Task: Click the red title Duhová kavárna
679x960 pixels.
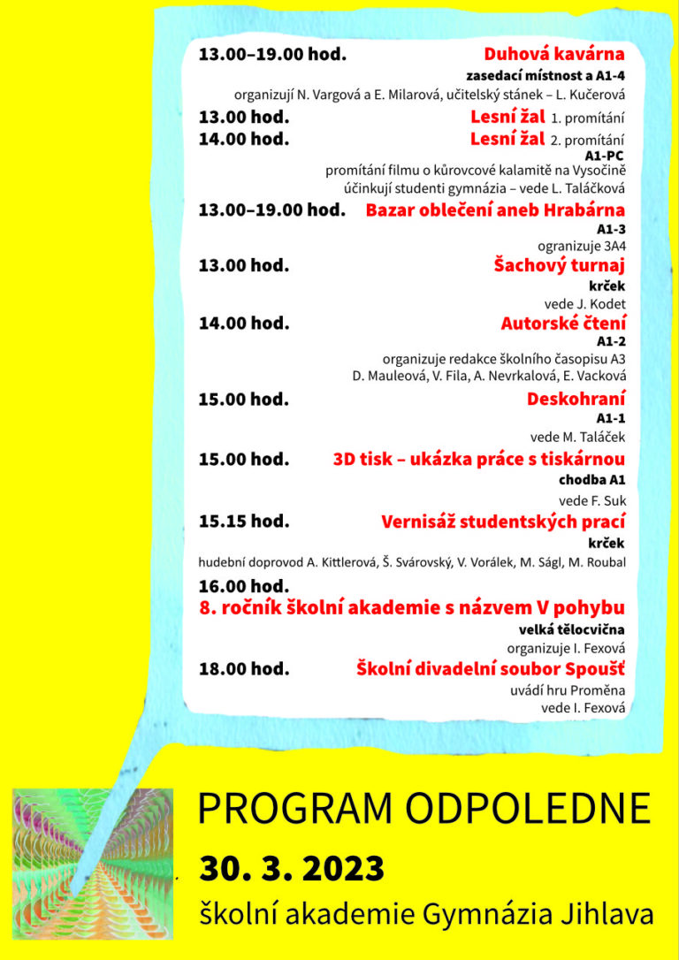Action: pyautogui.click(x=554, y=55)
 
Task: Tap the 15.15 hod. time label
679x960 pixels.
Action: pyautogui.click(x=244, y=522)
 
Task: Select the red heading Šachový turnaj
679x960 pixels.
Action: pyautogui.click(x=559, y=265)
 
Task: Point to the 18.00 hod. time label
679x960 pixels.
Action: pyautogui.click(x=244, y=668)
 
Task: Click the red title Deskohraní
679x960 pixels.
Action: pyautogui.click(x=576, y=399)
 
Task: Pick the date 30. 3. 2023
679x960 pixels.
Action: pyautogui.click(x=292, y=868)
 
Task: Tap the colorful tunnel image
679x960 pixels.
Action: pyautogui.click(x=93, y=863)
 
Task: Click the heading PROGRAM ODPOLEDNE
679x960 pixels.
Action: pyautogui.click(x=423, y=808)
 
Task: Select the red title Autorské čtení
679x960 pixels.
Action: pyautogui.click(x=563, y=324)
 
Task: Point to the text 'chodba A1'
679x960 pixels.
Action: pyautogui.click(x=591, y=481)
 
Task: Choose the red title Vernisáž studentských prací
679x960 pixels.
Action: pyautogui.click(x=503, y=522)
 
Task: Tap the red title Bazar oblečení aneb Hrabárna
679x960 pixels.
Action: pyautogui.click(x=495, y=210)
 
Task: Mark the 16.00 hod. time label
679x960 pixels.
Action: pyautogui.click(x=244, y=586)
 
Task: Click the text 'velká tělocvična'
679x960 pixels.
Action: pyautogui.click(x=572, y=629)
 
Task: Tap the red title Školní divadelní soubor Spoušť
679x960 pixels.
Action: pyautogui.click(x=491, y=668)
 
